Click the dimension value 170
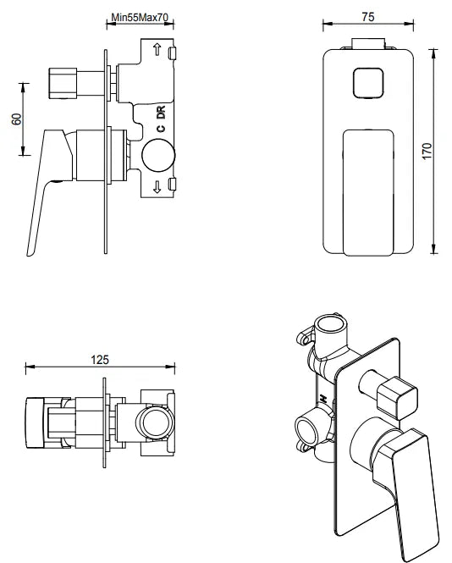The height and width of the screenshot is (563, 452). click(427, 151)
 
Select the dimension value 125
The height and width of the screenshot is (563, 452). click(100, 359)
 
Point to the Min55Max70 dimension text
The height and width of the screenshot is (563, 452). click(141, 17)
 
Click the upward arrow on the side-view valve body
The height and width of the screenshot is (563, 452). click(157, 52)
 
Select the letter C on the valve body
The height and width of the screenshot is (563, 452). click(158, 129)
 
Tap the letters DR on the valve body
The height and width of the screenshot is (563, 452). click(158, 112)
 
